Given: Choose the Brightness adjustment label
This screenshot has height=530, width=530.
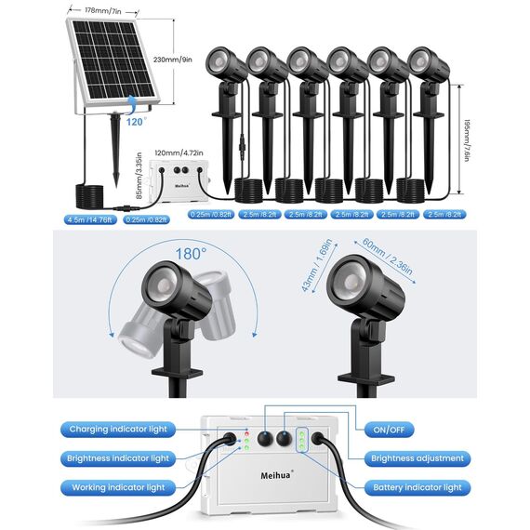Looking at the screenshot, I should [x=417, y=458].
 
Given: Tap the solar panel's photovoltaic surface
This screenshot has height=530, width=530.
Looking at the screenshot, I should [x=114, y=59].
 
